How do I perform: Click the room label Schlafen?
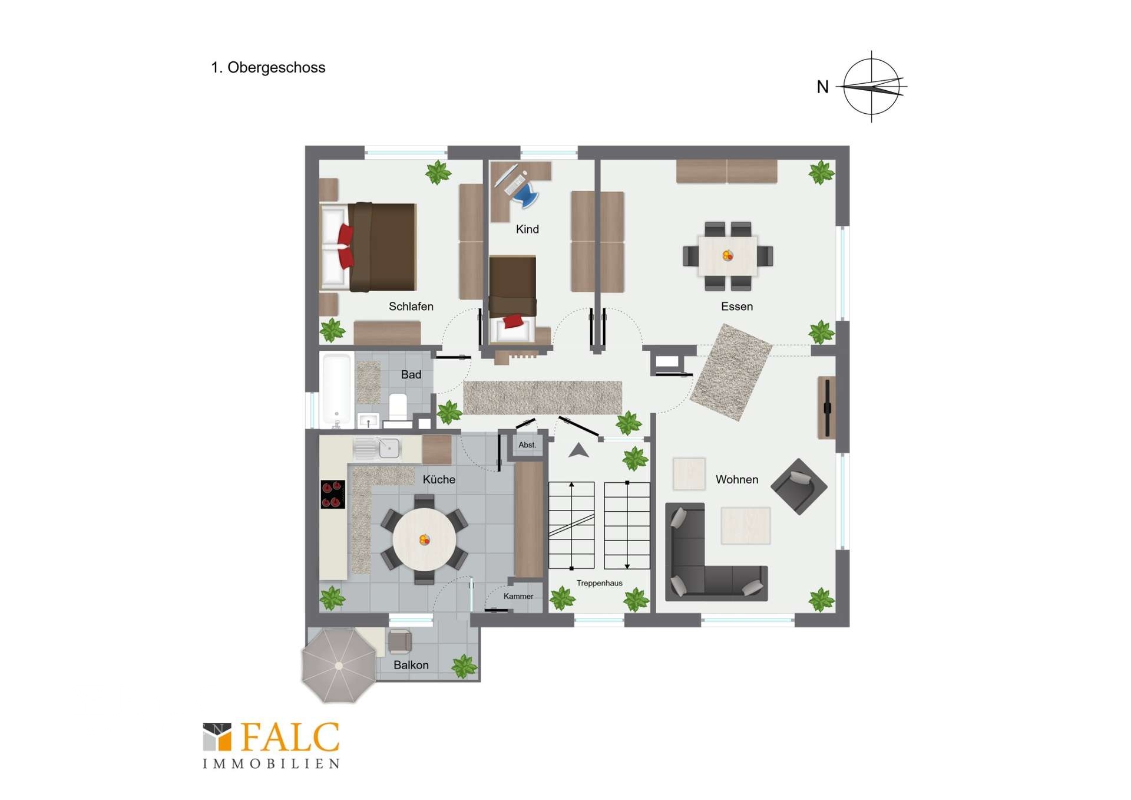point(411,307)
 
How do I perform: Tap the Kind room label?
point(527,229)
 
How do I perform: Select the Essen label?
point(736,307)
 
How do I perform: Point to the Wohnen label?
point(736,480)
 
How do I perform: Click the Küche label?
point(439,479)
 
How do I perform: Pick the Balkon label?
point(411,665)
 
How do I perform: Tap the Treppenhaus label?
point(599,583)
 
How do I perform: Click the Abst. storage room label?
point(527,445)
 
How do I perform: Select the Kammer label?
point(518,596)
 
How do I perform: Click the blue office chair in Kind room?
point(524,195)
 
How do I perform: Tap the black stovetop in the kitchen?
point(333,494)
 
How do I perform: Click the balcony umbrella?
point(339,666)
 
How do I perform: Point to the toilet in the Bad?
point(398,406)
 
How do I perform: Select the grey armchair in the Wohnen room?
point(799,487)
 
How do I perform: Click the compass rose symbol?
point(872,87)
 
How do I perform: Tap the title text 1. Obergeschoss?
point(268,68)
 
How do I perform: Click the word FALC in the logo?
point(290,738)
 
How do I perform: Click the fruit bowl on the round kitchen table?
point(424,539)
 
